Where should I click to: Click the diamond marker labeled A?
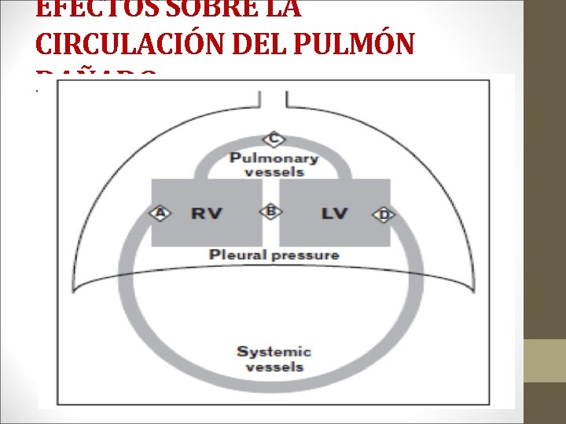coord(160,213)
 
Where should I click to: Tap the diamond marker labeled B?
coord(270,211)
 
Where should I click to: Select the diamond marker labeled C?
coord(274,140)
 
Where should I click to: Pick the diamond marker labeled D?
coord(383,214)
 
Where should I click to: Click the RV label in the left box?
coord(207,213)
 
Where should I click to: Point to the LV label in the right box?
coord(334,213)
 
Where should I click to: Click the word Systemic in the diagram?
coord(274,352)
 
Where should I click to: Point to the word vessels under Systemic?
coord(274,367)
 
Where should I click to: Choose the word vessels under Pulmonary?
coord(274,172)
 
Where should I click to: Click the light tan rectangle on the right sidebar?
coord(544,360)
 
